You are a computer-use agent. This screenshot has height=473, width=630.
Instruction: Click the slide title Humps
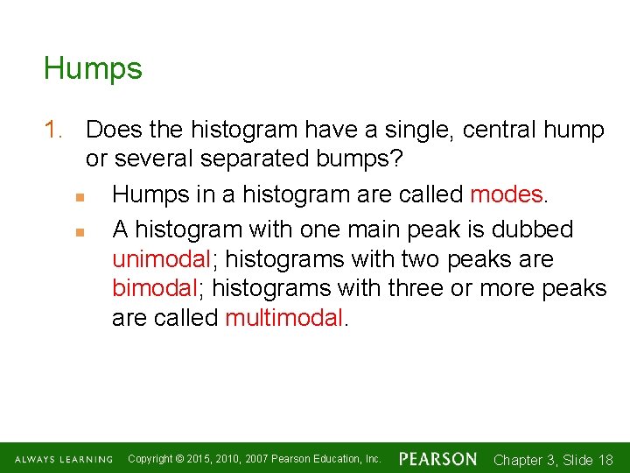tap(93, 68)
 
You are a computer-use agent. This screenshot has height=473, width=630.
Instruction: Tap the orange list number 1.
tap(53, 131)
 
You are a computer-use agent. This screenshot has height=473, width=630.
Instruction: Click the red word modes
tap(506, 194)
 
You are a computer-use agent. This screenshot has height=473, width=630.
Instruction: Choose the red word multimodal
tap(284, 318)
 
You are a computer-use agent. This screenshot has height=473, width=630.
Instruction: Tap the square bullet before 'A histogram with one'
tap(78, 231)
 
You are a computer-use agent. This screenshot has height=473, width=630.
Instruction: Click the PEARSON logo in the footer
tap(438, 459)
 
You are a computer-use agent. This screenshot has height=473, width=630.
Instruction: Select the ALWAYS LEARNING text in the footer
tap(63, 460)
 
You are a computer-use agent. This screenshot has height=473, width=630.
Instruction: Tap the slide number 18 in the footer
tap(604, 460)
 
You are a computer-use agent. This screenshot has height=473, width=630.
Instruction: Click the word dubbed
tap(533, 229)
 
